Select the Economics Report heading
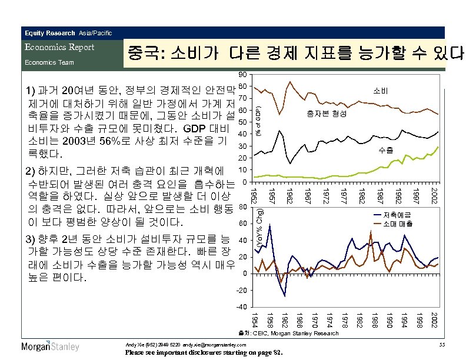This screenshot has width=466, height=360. point(58,47)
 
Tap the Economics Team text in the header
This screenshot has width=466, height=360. point(49,62)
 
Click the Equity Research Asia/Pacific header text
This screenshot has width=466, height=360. point(66,33)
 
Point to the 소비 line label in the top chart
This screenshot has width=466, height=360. point(380,92)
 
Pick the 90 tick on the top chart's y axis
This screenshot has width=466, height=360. point(243,75)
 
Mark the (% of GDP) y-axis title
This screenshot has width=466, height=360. point(258,122)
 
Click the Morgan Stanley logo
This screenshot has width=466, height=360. point(51,346)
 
